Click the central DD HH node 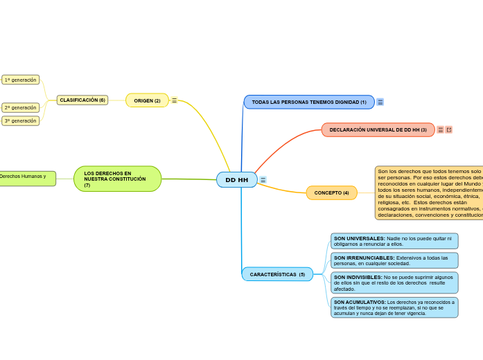point(236,180)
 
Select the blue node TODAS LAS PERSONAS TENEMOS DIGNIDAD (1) point(309,102)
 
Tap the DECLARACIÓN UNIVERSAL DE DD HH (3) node point(378,129)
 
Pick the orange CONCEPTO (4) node point(331,192)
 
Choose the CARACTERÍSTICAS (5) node point(277,274)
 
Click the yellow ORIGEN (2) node point(147,100)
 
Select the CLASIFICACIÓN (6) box point(82,100)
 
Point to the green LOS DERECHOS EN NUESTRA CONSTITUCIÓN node point(117,179)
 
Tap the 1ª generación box point(21,80)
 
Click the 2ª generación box point(21,107)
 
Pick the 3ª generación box point(21,120)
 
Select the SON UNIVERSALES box point(394,241)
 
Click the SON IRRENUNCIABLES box point(394,260)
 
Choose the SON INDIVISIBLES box point(394,282)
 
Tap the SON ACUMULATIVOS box point(394,307)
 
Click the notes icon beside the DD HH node point(263,180)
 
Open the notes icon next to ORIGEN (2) point(174,100)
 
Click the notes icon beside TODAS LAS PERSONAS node point(380,102)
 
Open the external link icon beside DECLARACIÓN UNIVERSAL point(449,129)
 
